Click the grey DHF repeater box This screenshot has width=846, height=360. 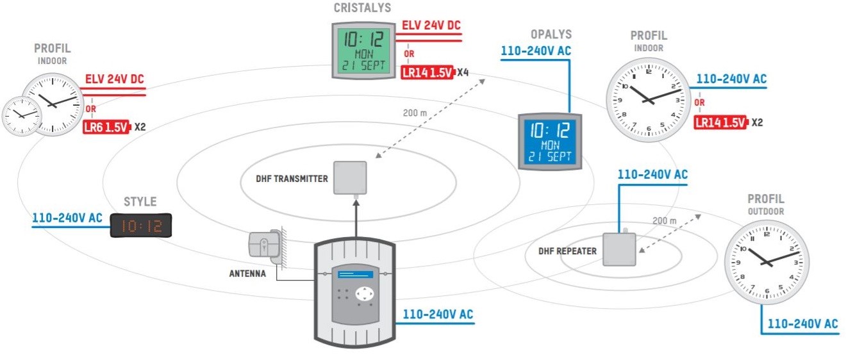pyautogui.click(x=619, y=249)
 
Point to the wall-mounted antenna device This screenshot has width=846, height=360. pyautogui.click(x=265, y=245)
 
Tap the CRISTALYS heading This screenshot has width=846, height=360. pyautogui.click(x=362, y=8)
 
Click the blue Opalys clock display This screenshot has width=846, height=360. pyautogui.click(x=551, y=142)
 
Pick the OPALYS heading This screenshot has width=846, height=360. pyautogui.click(x=551, y=34)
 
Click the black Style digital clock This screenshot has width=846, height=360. pyautogui.click(x=141, y=225)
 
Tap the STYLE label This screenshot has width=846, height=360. pyautogui.click(x=140, y=202)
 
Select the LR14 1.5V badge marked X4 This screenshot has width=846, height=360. pyautogui.click(x=427, y=72)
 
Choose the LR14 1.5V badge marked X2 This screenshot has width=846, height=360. pyautogui.click(x=721, y=122)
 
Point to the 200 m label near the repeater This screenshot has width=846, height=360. pyautogui.click(x=664, y=221)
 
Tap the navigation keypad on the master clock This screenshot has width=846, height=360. pyautogui.click(x=363, y=293)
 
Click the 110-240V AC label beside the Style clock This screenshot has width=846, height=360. pyautogui.click(x=67, y=218)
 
